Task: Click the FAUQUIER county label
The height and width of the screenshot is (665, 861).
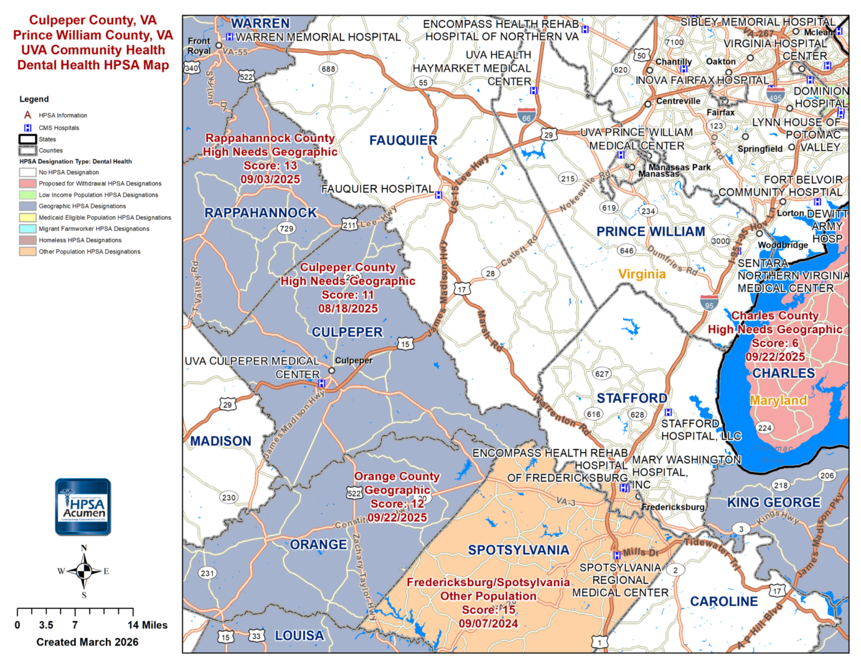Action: (x=403, y=140)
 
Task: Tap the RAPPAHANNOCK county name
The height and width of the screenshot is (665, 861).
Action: (x=261, y=213)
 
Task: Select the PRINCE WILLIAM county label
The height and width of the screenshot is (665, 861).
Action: (x=650, y=232)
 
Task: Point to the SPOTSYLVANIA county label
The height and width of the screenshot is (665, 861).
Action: (x=519, y=550)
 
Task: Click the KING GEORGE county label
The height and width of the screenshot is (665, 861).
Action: (x=774, y=502)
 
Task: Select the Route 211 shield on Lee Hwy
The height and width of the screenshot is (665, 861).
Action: (x=350, y=225)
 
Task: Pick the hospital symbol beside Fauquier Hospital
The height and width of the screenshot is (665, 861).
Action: (x=439, y=195)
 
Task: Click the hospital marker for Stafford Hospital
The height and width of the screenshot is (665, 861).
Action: (x=668, y=412)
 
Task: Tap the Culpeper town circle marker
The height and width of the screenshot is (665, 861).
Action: (x=331, y=371)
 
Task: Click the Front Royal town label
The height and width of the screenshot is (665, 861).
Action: (x=199, y=46)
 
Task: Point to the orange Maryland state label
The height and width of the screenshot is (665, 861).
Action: (x=778, y=400)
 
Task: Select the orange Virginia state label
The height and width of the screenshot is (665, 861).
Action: (x=642, y=274)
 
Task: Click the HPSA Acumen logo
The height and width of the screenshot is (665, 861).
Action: (x=83, y=506)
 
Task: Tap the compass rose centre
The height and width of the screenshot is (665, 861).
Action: (x=84, y=571)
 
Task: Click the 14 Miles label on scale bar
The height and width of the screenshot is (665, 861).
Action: (x=147, y=625)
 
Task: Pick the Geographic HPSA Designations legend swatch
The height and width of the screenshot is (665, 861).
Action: (x=27, y=206)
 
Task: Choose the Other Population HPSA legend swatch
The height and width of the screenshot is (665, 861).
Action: (x=27, y=251)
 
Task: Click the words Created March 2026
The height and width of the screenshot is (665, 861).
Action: (x=87, y=642)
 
